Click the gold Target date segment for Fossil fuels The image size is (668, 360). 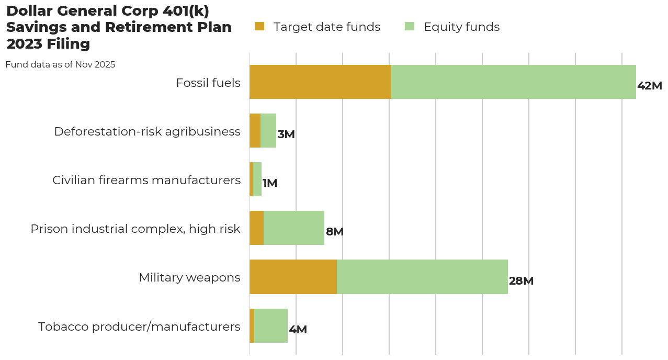pyautogui.click(x=320, y=82)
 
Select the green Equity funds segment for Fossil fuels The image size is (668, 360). pyautogui.click(x=513, y=82)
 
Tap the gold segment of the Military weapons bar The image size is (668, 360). pyautogui.click(x=293, y=277)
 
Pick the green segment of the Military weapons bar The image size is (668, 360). pyautogui.click(x=422, y=277)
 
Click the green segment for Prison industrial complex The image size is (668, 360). pyautogui.click(x=294, y=228)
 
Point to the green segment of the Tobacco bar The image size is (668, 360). pyautogui.click(x=271, y=325)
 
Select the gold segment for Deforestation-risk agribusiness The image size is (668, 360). pyautogui.click(x=255, y=131)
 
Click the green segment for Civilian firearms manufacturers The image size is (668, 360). pyautogui.click(x=257, y=179)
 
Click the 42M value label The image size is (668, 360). pyautogui.click(x=650, y=86)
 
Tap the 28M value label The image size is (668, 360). pyautogui.click(x=521, y=281)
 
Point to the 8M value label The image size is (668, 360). pyautogui.click(x=335, y=232)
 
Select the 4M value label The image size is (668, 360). pyautogui.click(x=298, y=330)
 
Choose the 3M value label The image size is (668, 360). pyautogui.click(x=286, y=134)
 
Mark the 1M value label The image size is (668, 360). pyautogui.click(x=270, y=183)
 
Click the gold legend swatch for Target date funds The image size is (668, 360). pyautogui.click(x=259, y=26)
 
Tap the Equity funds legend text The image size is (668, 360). pyautogui.click(x=461, y=27)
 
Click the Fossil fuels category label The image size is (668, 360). pyautogui.click(x=208, y=83)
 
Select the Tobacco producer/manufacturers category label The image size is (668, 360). pyautogui.click(x=139, y=327)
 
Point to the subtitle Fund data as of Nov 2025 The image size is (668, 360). pyautogui.click(x=60, y=65)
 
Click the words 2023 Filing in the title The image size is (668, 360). pyautogui.click(x=48, y=44)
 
